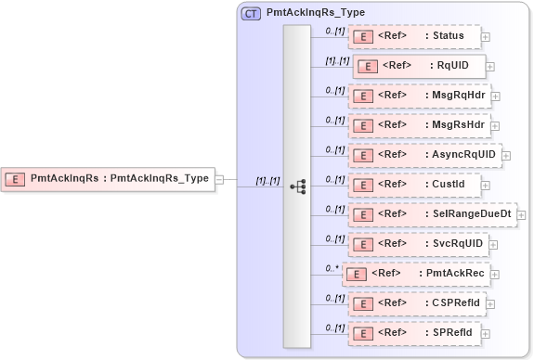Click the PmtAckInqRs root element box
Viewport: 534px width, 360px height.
pyautogui.click(x=108, y=179)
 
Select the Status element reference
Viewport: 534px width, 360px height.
pyautogui.click(x=413, y=36)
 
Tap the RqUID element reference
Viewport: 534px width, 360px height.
pyautogui.click(x=419, y=67)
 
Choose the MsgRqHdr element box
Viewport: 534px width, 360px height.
pyautogui.click(x=419, y=95)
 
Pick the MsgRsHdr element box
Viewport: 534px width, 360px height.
pyautogui.click(x=419, y=124)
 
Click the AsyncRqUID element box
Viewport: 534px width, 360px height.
pyautogui.click(x=424, y=155)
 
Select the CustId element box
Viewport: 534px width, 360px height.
pyautogui.click(x=413, y=185)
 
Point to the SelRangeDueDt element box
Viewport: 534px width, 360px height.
pyautogui.click(x=432, y=214)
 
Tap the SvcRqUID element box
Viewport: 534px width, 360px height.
pyautogui.click(x=419, y=244)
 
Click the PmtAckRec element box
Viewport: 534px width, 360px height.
pyautogui.click(x=421, y=274)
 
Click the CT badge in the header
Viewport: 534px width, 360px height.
pyautogui.click(x=251, y=14)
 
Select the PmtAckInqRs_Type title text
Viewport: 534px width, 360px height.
pyautogui.click(x=315, y=14)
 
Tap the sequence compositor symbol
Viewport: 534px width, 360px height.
pyautogui.click(x=297, y=186)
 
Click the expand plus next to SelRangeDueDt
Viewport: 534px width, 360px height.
pyautogui.click(x=521, y=215)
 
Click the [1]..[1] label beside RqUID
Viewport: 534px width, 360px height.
pyautogui.click(x=336, y=61)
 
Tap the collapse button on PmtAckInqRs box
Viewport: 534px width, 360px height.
pyautogui.click(x=220, y=179)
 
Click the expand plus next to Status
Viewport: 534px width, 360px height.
pyautogui.click(x=485, y=37)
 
